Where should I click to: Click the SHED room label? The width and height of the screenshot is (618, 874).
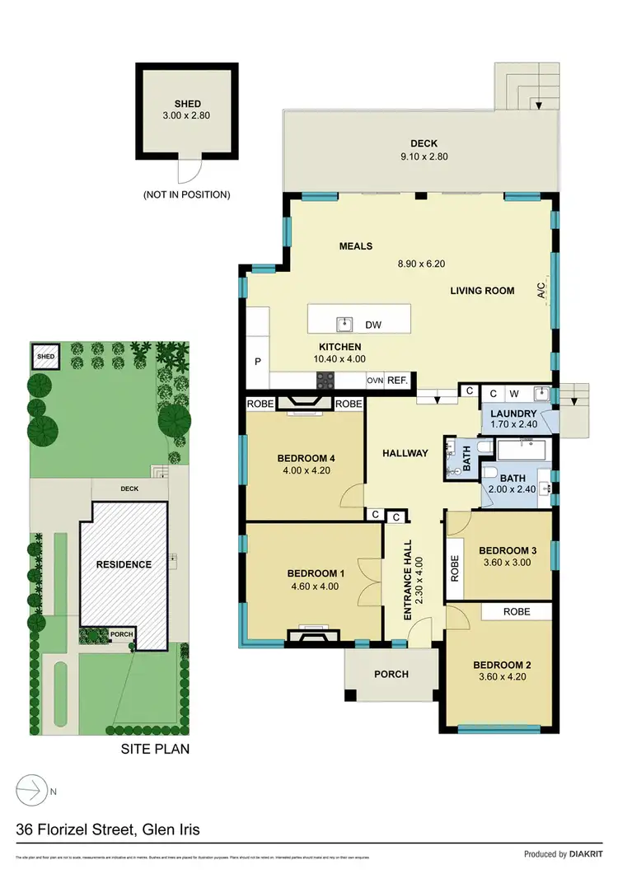[187, 104]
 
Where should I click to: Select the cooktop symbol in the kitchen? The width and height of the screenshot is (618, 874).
[325, 381]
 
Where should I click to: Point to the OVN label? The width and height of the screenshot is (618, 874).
[375, 381]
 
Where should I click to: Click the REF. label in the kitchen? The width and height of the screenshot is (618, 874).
[399, 381]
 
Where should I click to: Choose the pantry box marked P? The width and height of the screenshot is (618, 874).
[256, 362]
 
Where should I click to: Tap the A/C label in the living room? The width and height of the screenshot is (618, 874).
[541, 290]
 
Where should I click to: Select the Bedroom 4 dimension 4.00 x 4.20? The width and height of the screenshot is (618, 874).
[305, 472]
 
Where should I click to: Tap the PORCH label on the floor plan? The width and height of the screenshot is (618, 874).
[391, 674]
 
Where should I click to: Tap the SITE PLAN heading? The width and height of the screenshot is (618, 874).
[155, 749]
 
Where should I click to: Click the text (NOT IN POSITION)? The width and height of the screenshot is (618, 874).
[187, 195]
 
